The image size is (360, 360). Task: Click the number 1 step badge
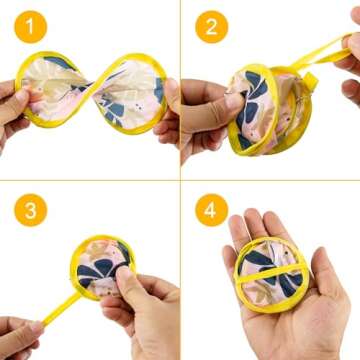click(34, 27)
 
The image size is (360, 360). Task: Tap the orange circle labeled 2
click(211, 27)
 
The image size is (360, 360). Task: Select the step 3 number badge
click(34, 210)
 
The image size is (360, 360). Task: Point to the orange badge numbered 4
click(211, 210)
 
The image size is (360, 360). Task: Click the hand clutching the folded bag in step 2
click(205, 115)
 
